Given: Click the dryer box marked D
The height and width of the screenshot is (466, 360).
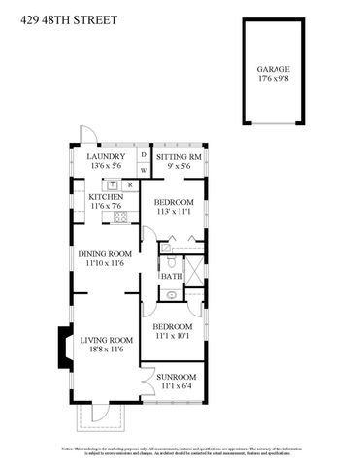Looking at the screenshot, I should coord(144,153).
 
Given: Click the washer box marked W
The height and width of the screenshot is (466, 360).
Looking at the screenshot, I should coord(144,170).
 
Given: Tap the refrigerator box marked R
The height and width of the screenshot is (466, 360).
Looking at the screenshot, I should coord(129,183).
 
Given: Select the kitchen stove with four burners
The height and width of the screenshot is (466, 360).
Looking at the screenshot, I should coord(121,216).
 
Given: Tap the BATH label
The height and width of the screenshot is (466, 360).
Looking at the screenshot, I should coord(171,276).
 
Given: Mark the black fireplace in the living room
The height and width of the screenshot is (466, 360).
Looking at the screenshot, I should coord(62,348).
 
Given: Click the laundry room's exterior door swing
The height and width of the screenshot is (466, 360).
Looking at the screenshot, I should coord(86,136).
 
